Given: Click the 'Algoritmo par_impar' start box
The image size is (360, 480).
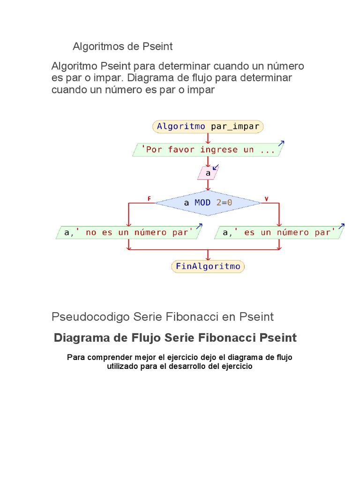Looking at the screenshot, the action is point(208,127).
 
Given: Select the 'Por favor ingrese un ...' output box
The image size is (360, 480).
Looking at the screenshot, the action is point(208,150).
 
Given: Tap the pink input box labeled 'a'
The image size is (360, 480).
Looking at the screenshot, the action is point(208,173).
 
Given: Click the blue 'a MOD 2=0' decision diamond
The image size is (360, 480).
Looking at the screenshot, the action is point(208,203).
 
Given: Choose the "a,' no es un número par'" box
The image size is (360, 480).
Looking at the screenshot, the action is point(128,232).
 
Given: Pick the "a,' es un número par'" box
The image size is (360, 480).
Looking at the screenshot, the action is point(279,232).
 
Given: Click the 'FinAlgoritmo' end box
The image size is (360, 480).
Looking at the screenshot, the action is point(208,267).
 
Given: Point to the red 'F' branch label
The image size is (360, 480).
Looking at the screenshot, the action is point(149,199).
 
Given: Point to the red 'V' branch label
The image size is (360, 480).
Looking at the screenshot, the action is point(266,199).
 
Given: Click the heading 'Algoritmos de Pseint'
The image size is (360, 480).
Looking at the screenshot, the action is point(123,47).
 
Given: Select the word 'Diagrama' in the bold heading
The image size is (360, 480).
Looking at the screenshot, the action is point(80,338).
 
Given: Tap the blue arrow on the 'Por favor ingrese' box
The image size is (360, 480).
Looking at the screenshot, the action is point(281,143).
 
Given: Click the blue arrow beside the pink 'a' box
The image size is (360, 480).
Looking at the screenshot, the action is point(216,167).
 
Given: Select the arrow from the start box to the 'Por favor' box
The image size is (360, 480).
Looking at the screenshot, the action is point(208,138).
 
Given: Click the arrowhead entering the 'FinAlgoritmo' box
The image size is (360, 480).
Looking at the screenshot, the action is point(208,258).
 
